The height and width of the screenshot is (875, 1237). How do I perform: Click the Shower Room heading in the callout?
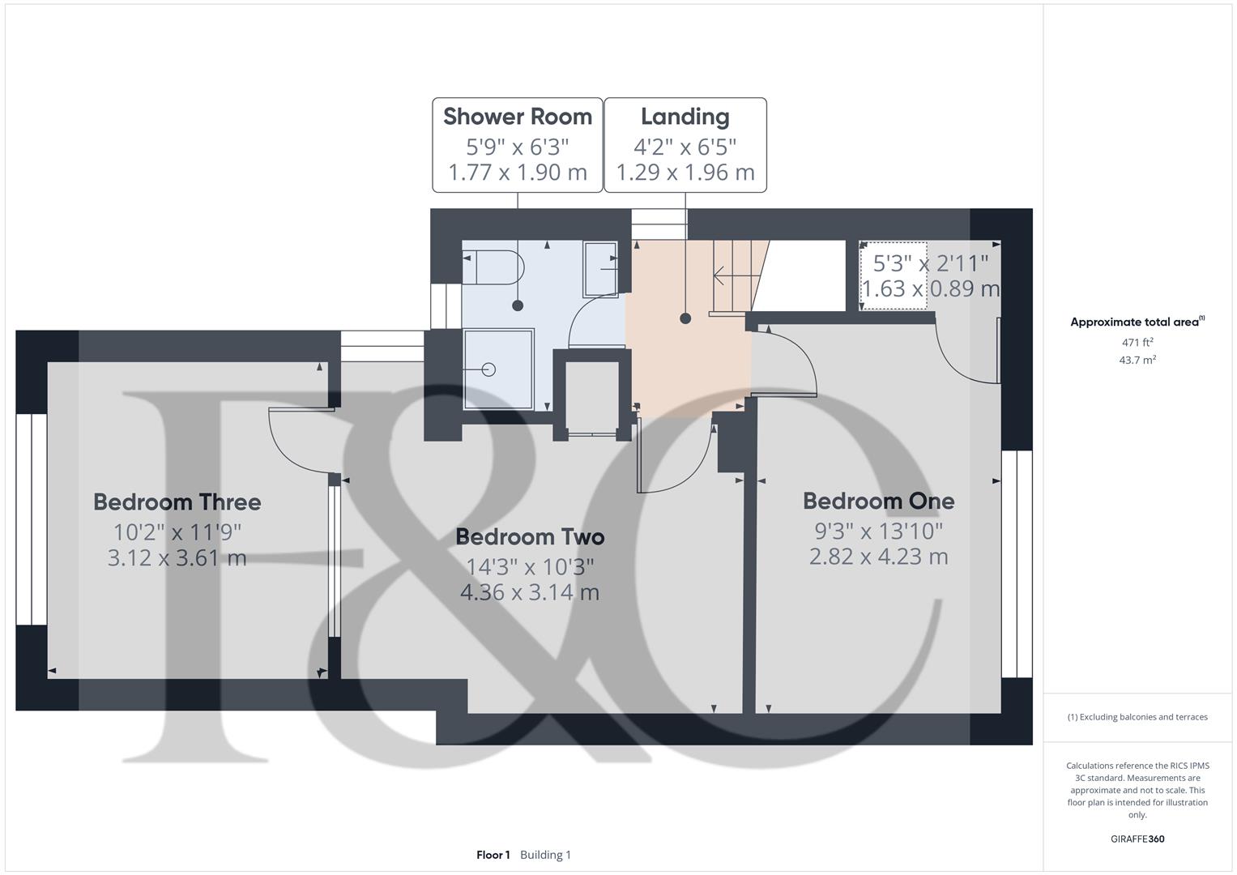tap(518, 117)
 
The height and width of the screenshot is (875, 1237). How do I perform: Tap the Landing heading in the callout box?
tap(685, 117)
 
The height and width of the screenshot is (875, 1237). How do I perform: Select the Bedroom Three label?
tap(177, 502)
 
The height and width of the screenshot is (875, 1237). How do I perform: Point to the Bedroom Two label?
tap(530, 537)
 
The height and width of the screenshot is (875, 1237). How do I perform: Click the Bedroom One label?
tap(879, 501)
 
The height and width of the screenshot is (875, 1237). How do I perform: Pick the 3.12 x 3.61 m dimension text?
tap(177, 558)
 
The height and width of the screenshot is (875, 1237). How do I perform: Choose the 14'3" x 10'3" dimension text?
tap(530, 566)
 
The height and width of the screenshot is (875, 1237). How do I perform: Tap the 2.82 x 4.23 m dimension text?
tap(879, 557)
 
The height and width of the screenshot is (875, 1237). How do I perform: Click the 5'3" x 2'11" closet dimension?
tap(931, 263)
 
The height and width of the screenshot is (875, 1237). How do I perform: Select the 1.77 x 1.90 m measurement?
tap(518, 173)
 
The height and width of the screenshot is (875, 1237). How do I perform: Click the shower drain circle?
tap(488, 369)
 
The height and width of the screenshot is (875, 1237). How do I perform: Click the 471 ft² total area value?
tap(1137, 343)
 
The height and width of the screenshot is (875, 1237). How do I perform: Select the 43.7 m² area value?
tap(1137, 361)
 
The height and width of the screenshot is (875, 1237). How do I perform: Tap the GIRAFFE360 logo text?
tap(1137, 839)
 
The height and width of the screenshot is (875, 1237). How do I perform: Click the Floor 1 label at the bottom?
tap(493, 855)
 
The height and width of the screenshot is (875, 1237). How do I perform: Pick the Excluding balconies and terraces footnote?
tap(1137, 717)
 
